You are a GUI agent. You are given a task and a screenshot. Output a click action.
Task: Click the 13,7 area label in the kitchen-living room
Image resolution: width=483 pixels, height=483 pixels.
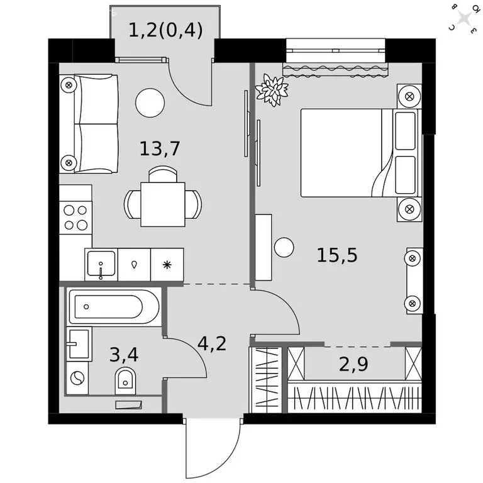click(x=160, y=148)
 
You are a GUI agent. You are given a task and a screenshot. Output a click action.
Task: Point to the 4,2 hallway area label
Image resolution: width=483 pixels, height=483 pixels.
click(x=211, y=343)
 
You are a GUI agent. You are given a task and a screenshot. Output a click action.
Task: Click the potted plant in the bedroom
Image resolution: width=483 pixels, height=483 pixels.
click(x=272, y=90)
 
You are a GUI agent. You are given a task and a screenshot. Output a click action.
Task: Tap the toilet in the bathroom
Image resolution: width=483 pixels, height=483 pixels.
click(x=126, y=380)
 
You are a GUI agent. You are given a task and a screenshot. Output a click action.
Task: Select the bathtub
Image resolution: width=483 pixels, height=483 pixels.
click(x=113, y=308)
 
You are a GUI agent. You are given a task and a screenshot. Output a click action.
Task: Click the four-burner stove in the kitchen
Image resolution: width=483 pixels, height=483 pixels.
click(x=75, y=217)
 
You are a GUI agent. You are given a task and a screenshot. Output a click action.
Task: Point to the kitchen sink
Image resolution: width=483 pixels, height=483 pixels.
click(x=101, y=265)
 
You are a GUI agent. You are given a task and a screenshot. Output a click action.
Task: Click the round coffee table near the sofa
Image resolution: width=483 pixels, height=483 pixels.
click(x=150, y=102)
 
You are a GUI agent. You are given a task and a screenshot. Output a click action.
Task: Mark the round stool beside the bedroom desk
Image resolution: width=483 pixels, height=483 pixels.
click(x=284, y=247)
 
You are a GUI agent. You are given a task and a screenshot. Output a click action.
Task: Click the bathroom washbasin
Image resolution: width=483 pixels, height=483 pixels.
click(x=78, y=343)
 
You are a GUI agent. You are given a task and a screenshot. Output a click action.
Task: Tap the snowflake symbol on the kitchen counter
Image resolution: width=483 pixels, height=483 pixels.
click(x=167, y=265)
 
